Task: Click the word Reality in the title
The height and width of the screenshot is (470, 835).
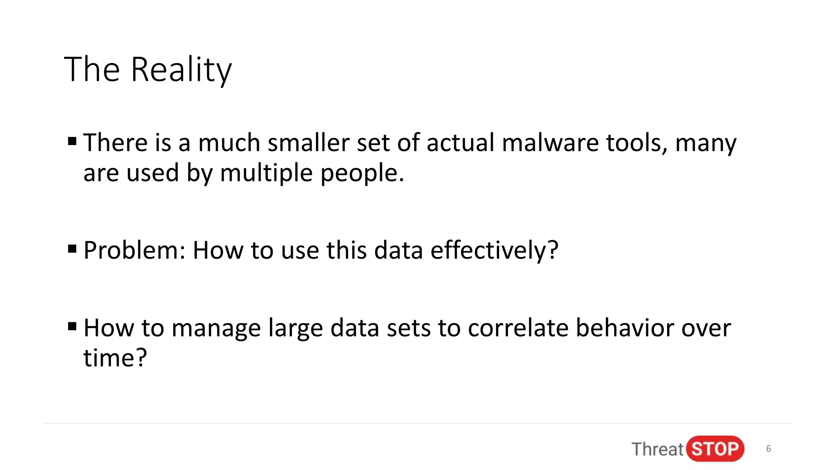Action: [x=181, y=70]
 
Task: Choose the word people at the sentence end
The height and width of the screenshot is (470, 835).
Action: [x=362, y=173]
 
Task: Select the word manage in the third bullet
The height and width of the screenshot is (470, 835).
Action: [x=216, y=328]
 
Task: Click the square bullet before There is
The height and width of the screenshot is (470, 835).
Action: [x=73, y=142]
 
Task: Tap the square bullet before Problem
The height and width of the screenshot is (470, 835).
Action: [x=73, y=248]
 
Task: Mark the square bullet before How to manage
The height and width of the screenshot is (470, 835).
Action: [x=73, y=326]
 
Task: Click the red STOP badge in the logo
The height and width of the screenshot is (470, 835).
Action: [x=715, y=449]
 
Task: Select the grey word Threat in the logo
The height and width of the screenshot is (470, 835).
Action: [x=657, y=449]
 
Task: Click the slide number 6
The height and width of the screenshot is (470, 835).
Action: [x=769, y=449]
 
